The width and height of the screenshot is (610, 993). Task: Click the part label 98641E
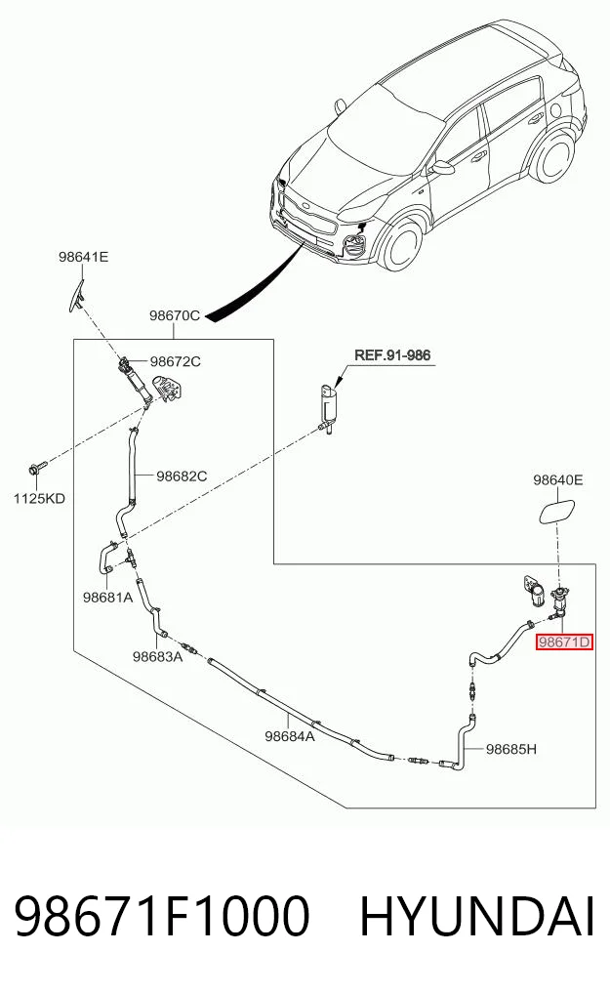(84, 257)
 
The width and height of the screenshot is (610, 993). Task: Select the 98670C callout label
(175, 314)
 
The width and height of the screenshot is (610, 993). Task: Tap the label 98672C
(176, 361)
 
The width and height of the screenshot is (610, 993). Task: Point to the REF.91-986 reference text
(392, 354)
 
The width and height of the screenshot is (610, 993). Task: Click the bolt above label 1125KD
(35, 470)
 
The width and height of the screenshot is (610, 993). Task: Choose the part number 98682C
(182, 476)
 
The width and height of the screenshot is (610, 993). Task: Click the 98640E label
(557, 479)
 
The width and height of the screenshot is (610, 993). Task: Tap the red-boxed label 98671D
(564, 642)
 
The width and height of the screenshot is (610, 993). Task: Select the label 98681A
(107, 597)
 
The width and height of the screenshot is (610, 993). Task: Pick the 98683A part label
(157, 656)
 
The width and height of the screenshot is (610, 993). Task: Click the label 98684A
(290, 735)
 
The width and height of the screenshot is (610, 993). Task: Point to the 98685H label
(511, 749)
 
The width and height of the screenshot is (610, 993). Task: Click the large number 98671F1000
(162, 916)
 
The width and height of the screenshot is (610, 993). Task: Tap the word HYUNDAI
(477, 916)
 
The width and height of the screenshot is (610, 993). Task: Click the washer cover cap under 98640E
(557, 511)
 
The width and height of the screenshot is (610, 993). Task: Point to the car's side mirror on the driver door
(443, 167)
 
